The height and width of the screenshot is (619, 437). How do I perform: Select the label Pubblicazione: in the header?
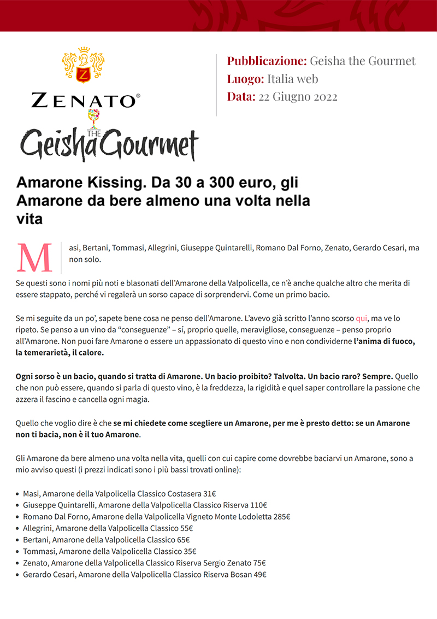pyautogui.click(x=267, y=61)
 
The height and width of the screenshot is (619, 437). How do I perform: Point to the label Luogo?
pyautogui.click(x=245, y=79)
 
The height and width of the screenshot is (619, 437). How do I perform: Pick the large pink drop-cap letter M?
pyautogui.click(x=35, y=257)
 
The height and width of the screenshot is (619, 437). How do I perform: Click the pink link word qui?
pyautogui.click(x=361, y=318)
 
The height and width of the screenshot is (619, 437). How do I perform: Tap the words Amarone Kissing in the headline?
pyautogui.click(x=75, y=182)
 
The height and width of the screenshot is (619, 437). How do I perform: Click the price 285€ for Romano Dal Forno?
pyautogui.click(x=281, y=517)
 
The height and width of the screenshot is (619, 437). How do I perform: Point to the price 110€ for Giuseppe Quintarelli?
pyautogui.click(x=258, y=505)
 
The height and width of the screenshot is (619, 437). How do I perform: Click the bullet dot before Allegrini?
pyautogui.click(x=18, y=529)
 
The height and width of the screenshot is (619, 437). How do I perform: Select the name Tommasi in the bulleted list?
pyautogui.click(x=40, y=551)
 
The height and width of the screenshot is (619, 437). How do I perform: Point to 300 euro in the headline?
pyautogui.click(x=234, y=182)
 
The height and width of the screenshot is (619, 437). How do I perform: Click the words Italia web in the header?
pyautogui.click(x=292, y=79)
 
